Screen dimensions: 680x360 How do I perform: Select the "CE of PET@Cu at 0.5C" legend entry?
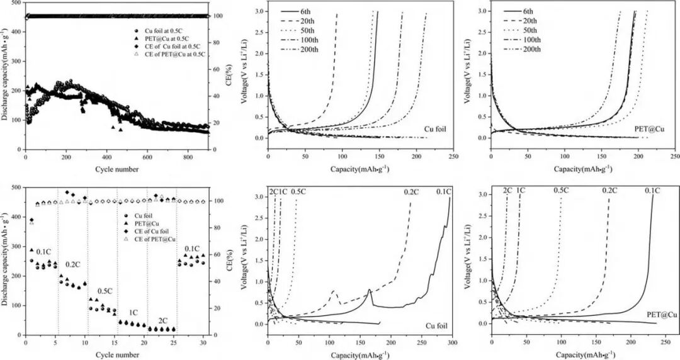coord(182,54)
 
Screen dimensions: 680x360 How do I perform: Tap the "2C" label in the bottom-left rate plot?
coord(163,320)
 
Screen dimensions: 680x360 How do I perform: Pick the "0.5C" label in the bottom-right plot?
coord(561,190)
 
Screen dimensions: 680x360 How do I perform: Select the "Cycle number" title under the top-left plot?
coord(118,169)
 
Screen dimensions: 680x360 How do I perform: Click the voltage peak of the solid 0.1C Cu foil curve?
coord(369,290)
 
